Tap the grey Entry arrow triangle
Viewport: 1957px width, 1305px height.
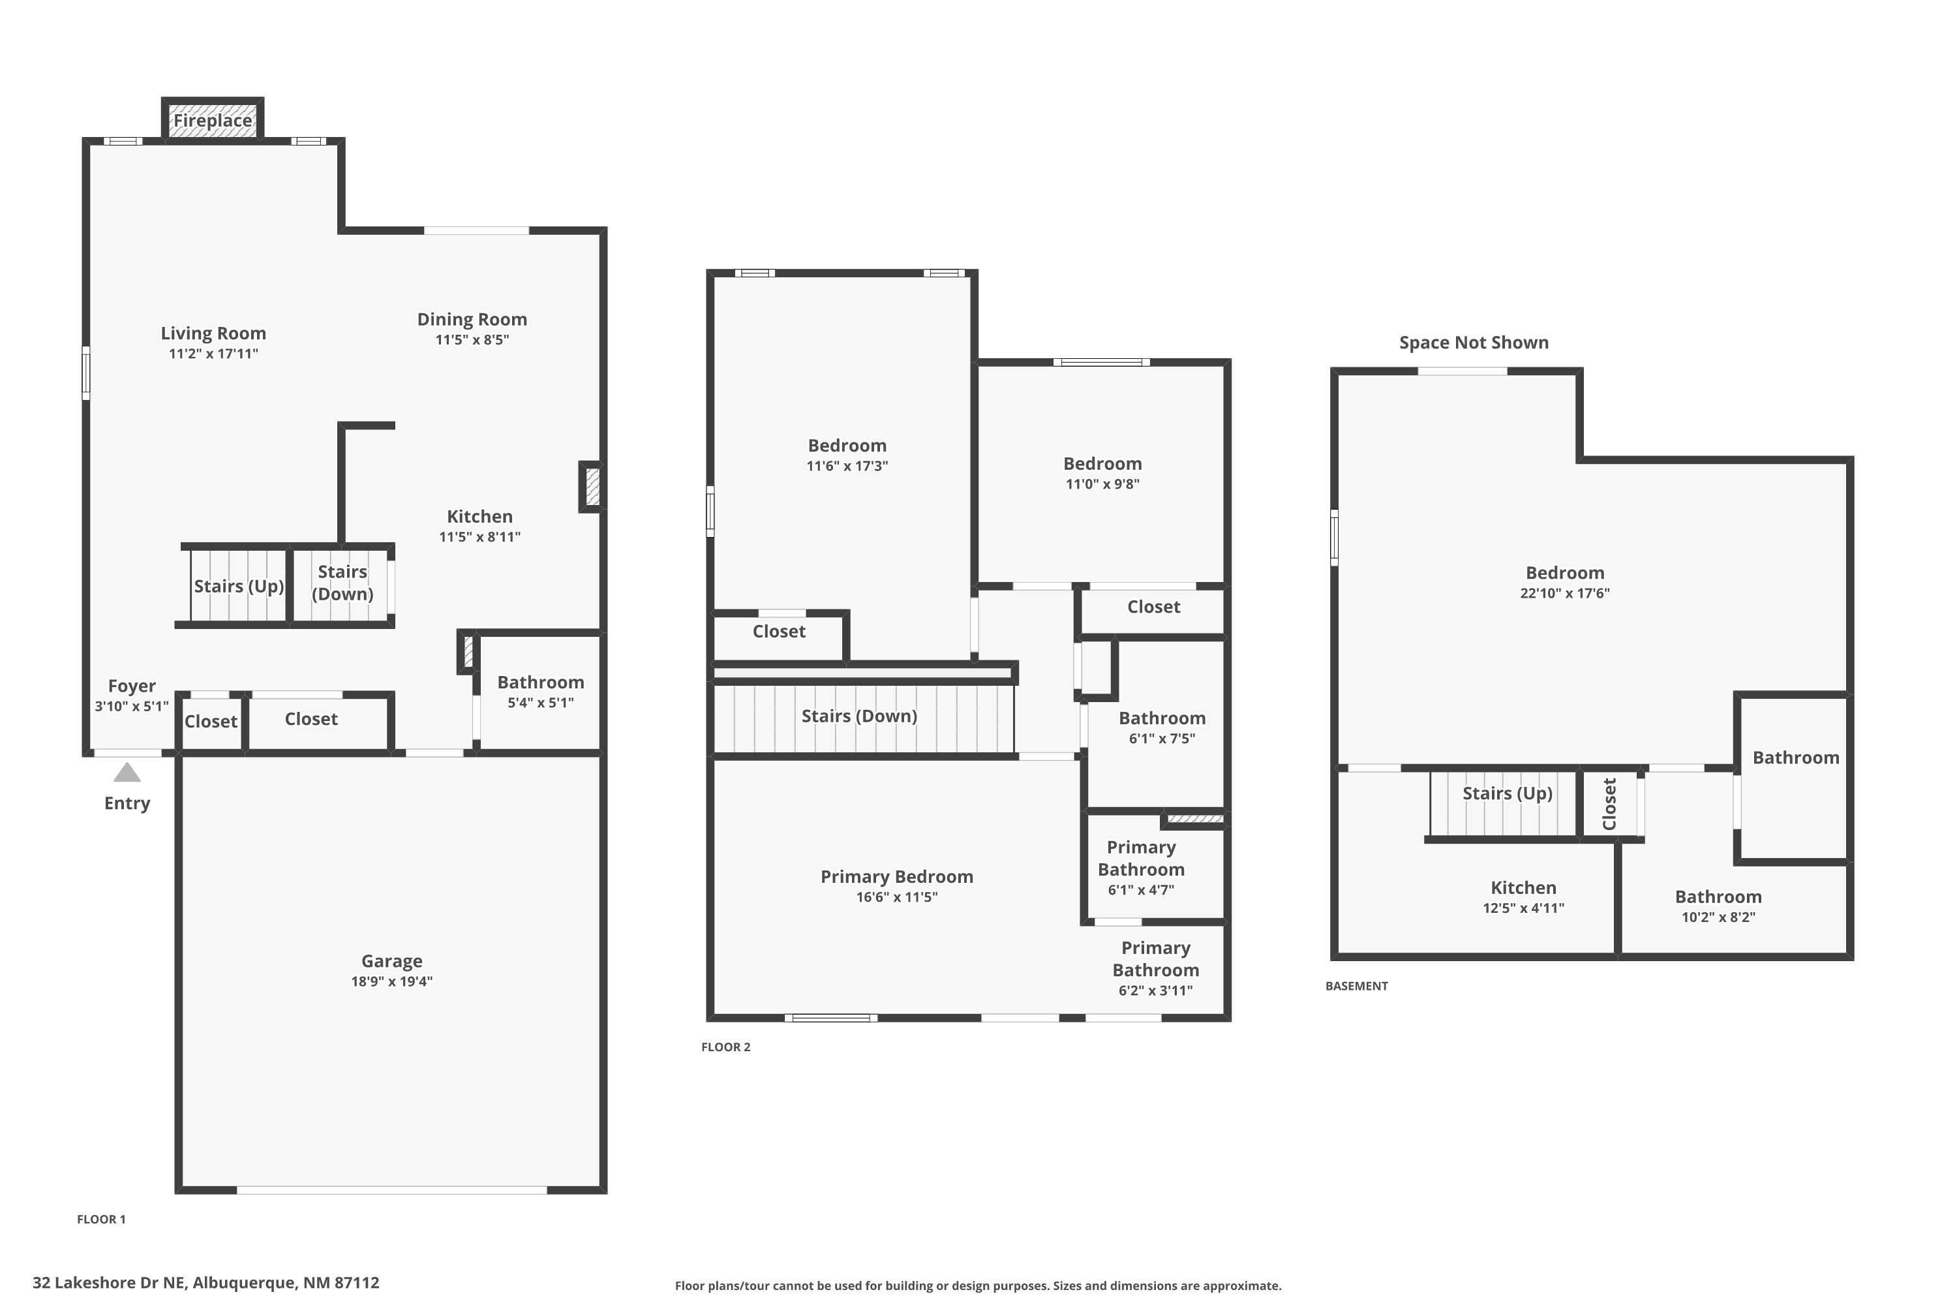tap(127, 773)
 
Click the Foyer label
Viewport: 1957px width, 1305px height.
tap(132, 686)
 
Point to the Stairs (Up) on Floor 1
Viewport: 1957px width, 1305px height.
tap(239, 586)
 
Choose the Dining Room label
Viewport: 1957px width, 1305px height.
tap(472, 320)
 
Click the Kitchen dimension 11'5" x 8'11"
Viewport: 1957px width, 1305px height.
tap(479, 537)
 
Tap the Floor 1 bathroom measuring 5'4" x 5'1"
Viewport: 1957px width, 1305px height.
tap(540, 691)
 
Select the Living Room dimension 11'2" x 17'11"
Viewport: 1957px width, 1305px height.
tap(213, 354)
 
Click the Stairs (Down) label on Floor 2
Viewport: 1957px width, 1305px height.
tap(858, 716)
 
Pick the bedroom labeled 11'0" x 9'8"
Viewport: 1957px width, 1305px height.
tap(1102, 472)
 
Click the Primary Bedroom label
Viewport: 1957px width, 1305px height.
tap(896, 876)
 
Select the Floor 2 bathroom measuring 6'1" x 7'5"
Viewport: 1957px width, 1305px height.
tap(1162, 727)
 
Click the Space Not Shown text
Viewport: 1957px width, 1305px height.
tap(1473, 343)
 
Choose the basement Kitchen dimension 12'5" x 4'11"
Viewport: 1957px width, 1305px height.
tap(1523, 908)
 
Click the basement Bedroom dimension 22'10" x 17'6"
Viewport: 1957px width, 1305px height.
tap(1564, 593)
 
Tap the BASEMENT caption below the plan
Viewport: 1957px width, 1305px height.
tap(1356, 986)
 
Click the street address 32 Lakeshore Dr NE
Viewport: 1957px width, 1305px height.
tap(205, 1283)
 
